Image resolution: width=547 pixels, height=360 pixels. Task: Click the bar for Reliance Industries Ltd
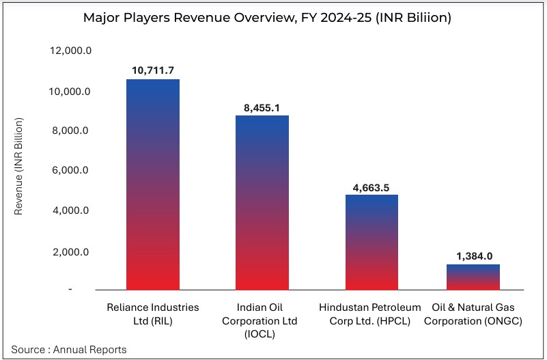click(x=153, y=184)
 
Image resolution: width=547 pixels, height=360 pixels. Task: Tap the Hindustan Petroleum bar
click(x=371, y=242)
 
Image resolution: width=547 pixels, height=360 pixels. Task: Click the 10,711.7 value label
click(x=153, y=70)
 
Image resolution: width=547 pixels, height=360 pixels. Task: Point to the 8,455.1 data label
click(x=262, y=107)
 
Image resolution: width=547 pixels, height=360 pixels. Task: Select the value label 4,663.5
click(x=371, y=186)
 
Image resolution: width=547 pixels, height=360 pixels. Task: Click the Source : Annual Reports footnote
click(x=69, y=350)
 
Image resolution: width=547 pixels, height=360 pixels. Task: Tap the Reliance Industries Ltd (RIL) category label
click(x=153, y=314)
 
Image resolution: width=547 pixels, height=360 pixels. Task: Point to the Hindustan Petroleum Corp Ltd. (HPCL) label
click(x=371, y=314)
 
